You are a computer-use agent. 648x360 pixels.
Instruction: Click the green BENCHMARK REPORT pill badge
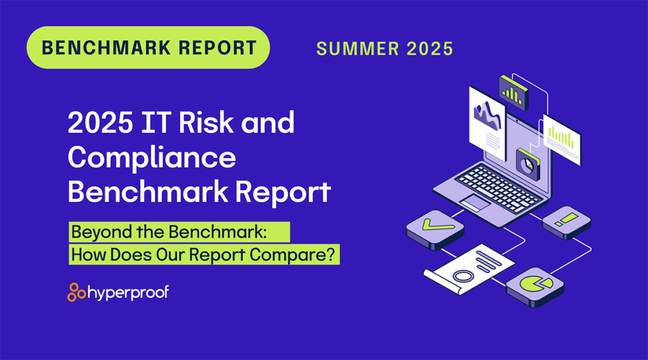click(149, 47)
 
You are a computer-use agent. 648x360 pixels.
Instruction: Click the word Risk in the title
click(204, 123)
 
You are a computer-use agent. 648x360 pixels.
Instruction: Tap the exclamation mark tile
click(566, 221)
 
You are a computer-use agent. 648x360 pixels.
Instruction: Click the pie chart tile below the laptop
click(537, 284)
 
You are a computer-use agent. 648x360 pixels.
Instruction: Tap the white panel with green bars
click(562, 137)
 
